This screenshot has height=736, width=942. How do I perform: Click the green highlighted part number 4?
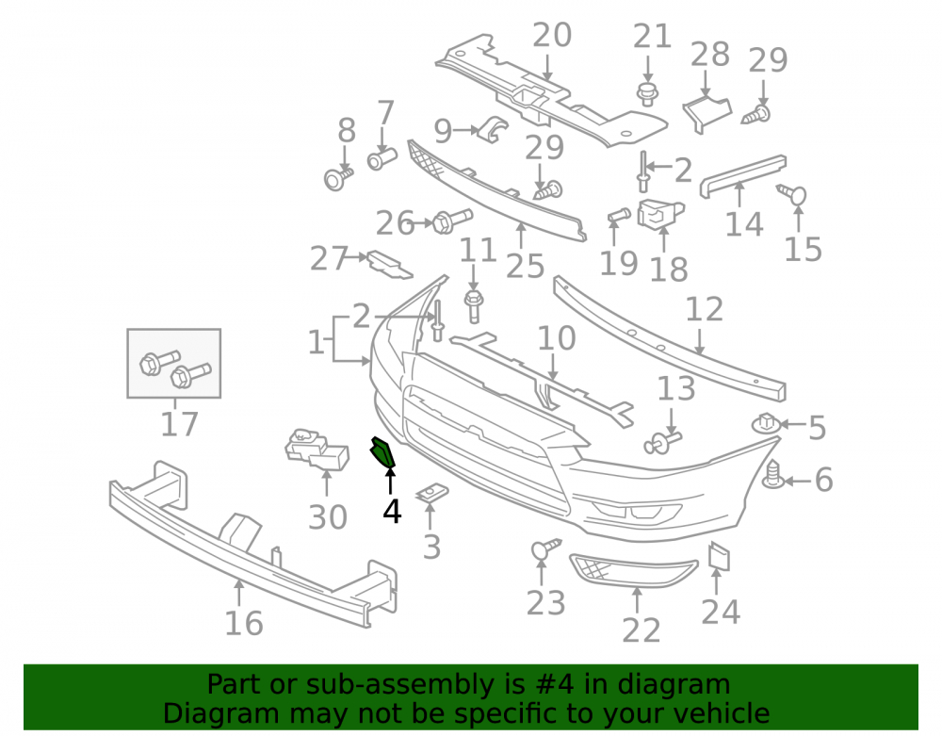tap(382, 452)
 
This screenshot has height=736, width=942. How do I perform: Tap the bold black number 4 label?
tap(392, 512)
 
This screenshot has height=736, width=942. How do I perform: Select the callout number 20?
tap(552, 35)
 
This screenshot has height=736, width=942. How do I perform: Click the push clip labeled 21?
tap(647, 95)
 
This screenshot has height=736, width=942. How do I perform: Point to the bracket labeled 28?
tap(706, 112)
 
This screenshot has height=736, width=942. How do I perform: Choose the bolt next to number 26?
tap(452, 221)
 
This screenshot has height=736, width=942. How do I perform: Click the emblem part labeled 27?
tap(390, 265)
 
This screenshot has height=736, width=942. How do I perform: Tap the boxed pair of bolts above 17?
tap(174, 364)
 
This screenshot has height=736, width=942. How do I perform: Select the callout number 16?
tap(244, 623)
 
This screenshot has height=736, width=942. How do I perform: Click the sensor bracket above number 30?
tap(317, 449)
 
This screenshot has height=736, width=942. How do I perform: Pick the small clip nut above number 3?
tap(432, 493)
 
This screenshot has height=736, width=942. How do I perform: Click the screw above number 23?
tap(544, 548)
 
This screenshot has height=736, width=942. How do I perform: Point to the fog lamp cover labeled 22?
tap(633, 570)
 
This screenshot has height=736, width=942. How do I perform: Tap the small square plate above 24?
tap(719, 556)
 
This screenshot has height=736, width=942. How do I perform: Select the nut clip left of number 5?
tap(766, 423)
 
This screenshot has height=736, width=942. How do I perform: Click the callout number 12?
tap(705, 310)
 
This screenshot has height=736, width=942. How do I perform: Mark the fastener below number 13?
tap(662, 442)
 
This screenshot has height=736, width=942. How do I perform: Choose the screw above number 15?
tap(791, 193)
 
